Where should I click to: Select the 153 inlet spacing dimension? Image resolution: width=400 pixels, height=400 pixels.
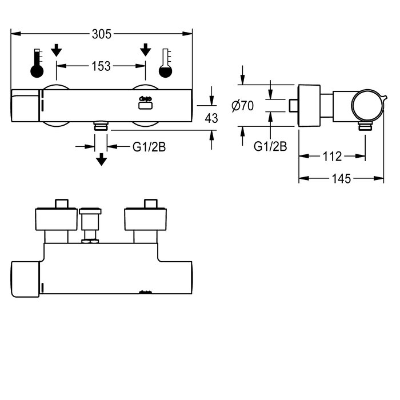pyautogui.click(x=101, y=66)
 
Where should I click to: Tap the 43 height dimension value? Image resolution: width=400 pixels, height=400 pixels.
pyautogui.click(x=211, y=118)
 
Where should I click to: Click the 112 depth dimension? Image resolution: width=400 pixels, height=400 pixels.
pyautogui.click(x=333, y=156)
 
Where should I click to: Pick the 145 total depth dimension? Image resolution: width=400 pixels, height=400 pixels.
pyautogui.click(x=341, y=178)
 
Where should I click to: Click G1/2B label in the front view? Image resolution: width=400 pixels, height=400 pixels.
pyautogui.click(x=149, y=147)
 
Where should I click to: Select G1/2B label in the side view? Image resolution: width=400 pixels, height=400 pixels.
pyautogui.click(x=270, y=147)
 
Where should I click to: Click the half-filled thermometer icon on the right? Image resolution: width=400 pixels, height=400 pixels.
pyautogui.click(x=166, y=64)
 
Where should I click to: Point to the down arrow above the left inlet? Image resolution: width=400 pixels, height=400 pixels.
pyautogui.click(x=56, y=50)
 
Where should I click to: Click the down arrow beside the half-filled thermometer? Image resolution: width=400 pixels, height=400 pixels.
pyautogui.click(x=146, y=50)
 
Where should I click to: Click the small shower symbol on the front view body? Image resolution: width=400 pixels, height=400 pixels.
pyautogui.click(x=145, y=102)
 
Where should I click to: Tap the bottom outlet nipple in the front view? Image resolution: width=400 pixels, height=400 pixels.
pyautogui.click(x=101, y=125)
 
